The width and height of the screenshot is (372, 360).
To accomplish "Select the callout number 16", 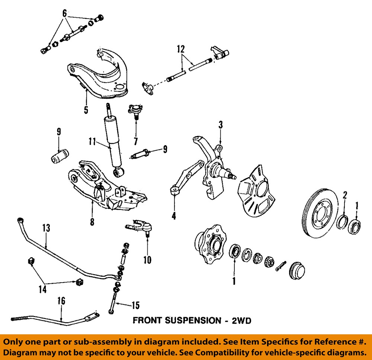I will point(61,300).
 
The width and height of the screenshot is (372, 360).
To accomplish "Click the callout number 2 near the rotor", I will point(345,195).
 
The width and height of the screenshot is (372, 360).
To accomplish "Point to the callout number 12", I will point(181,49).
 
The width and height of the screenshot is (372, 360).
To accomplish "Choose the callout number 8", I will point(92,222).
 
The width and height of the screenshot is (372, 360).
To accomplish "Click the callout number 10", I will point(147,259).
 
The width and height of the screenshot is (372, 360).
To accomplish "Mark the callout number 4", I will point(174,215).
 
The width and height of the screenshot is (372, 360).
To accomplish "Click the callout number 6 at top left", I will point(65,13).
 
